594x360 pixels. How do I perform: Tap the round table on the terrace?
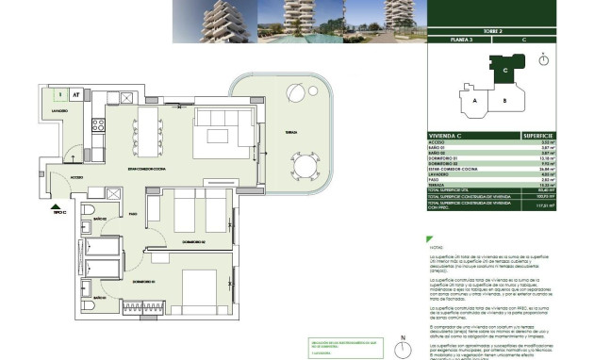coord(306,167)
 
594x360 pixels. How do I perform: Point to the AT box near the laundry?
coord(74,94)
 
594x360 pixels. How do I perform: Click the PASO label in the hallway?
coord(134,214)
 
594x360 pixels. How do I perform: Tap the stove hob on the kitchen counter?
coord(96,124)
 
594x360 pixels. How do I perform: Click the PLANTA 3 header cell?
coord(462,41)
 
